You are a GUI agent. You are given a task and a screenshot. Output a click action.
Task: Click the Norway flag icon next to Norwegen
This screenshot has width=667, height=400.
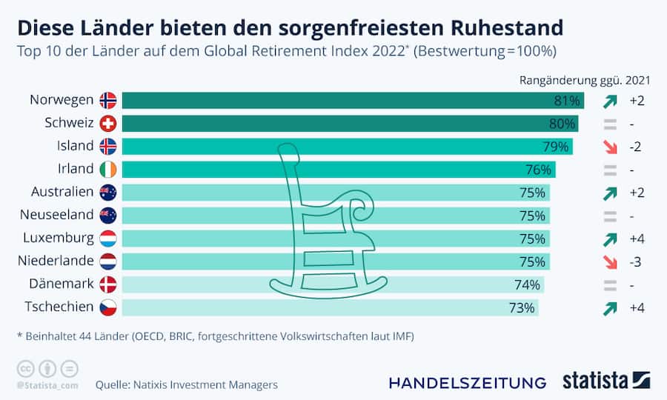point(108,100)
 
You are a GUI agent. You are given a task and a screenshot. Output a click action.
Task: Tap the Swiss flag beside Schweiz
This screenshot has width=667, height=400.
point(108,123)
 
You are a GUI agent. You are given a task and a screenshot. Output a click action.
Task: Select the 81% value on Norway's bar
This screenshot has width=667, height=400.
point(566,100)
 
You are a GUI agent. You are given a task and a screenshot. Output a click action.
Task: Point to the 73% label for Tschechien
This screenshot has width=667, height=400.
point(521,307)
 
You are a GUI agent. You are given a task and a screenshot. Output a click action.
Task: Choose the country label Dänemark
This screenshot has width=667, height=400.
point(62,284)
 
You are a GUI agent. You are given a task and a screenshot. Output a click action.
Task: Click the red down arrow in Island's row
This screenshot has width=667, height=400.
point(610,146)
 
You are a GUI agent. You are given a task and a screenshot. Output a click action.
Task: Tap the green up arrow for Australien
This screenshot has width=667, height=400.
point(610,193)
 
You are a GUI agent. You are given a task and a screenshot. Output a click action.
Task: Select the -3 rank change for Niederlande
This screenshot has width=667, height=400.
point(635,261)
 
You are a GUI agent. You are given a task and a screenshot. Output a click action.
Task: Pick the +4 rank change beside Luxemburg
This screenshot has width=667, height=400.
point(636,238)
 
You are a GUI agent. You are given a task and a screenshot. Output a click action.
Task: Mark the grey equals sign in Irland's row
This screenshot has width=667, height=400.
point(610,170)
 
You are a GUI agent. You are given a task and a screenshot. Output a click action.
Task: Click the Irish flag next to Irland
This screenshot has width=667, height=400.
point(108,169)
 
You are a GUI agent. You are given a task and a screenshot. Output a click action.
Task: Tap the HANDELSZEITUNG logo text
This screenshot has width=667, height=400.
point(467,382)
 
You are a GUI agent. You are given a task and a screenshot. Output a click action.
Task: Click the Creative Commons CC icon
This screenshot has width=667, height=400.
point(25,368)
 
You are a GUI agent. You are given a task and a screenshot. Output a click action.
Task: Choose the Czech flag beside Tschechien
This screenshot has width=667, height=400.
point(108,307)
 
